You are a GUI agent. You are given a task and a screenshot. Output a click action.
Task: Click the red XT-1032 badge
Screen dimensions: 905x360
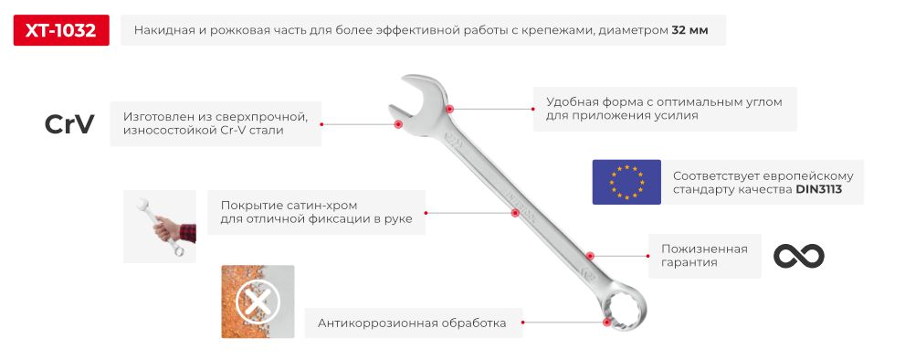tap(61, 31)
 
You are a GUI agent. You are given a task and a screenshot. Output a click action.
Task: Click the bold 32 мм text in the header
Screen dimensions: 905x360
tap(690, 31)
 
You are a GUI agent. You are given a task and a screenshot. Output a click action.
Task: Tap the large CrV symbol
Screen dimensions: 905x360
tap(69, 125)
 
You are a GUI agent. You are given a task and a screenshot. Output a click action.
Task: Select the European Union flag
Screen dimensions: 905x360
tap(626, 181)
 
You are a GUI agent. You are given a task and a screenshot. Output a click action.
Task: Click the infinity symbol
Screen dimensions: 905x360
tap(798, 256)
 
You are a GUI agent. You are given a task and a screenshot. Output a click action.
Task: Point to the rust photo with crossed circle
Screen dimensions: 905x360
tap(258, 302)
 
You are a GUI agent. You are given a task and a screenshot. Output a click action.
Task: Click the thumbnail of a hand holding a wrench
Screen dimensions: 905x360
tap(160, 227)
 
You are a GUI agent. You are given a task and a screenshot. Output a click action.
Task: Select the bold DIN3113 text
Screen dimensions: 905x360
tap(817, 190)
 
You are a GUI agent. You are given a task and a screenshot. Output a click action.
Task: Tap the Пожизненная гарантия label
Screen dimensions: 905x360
tap(698, 256)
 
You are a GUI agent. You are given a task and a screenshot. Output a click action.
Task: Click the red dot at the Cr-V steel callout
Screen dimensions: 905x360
tap(397, 124)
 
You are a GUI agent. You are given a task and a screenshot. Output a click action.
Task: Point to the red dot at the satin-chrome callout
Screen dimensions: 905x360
tap(515, 213)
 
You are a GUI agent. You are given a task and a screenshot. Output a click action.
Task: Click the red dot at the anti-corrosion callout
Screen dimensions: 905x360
tap(605, 321)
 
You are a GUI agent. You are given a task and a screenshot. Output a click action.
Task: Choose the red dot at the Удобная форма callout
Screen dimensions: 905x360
tap(450, 109)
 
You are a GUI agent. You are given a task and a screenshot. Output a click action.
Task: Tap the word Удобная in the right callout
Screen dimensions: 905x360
tap(574, 102)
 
